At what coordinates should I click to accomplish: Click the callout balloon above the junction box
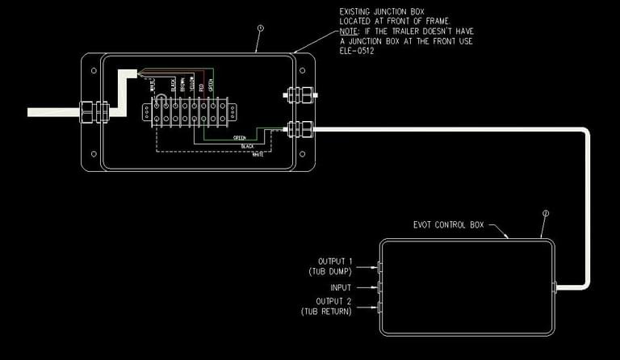tap(260, 27)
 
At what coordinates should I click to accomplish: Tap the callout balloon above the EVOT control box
tap(546, 214)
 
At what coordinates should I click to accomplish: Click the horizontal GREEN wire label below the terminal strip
tap(240, 137)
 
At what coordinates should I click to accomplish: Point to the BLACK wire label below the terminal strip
tap(247, 146)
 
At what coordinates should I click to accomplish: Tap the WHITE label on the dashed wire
tap(258, 154)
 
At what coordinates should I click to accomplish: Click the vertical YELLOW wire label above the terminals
tap(191, 85)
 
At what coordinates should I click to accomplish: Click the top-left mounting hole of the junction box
tap(94, 70)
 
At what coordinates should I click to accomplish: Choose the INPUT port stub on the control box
tap(378, 287)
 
